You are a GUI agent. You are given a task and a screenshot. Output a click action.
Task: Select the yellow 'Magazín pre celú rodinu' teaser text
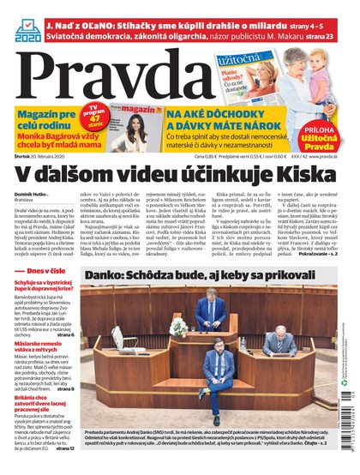(46, 121)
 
